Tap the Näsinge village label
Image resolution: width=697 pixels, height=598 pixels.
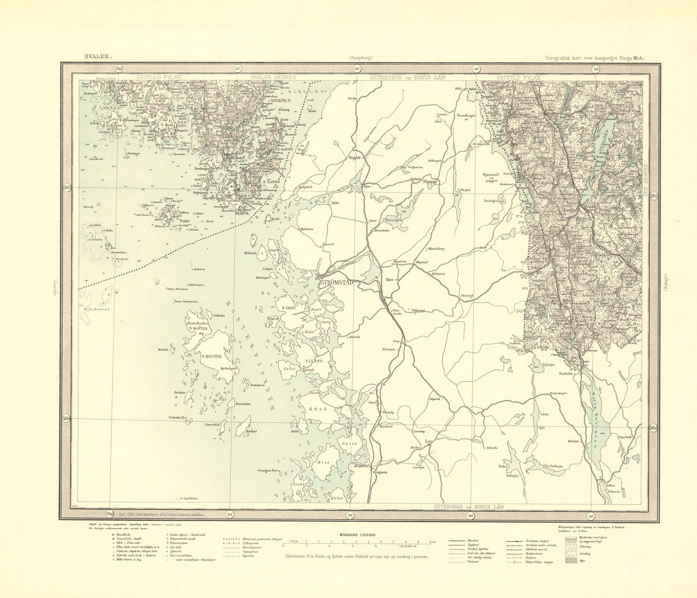(429, 182)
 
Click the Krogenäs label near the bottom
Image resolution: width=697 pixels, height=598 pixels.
(381, 473)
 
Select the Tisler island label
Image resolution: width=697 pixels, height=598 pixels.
(185, 222)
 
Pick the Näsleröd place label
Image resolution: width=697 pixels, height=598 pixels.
(467, 295)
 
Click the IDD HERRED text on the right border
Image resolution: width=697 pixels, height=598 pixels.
(645, 183)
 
